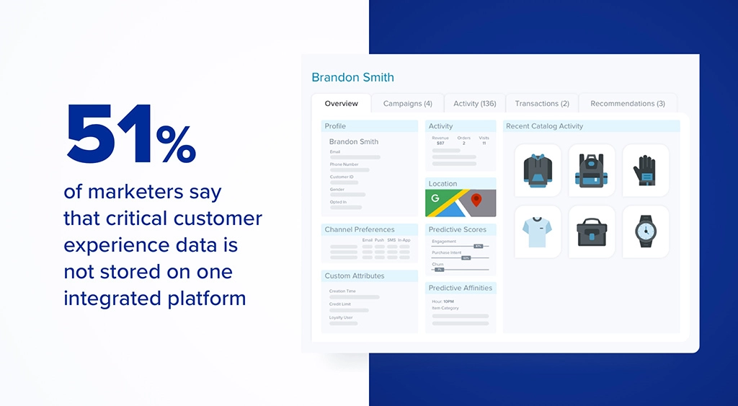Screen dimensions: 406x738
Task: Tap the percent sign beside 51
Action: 176,145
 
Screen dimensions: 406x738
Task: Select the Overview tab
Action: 341,104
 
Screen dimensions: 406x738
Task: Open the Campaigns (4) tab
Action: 407,104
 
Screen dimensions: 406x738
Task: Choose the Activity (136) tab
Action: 474,104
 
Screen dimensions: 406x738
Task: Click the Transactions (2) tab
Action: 542,104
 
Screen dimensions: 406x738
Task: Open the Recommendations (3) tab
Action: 627,104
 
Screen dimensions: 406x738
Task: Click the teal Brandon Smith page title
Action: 352,77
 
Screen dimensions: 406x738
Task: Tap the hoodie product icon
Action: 538,171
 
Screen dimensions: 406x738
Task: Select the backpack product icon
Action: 592,171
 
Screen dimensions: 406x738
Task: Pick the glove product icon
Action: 645,171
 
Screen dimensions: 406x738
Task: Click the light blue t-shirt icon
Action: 538,231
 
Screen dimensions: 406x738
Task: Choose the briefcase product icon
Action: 592,231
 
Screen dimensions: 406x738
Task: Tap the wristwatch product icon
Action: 645,231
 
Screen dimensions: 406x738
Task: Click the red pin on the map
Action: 476,200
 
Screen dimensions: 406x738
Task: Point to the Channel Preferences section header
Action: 360,230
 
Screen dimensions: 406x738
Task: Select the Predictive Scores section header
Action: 458,230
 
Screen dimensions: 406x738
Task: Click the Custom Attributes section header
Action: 355,276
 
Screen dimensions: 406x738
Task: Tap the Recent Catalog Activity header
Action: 544,126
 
